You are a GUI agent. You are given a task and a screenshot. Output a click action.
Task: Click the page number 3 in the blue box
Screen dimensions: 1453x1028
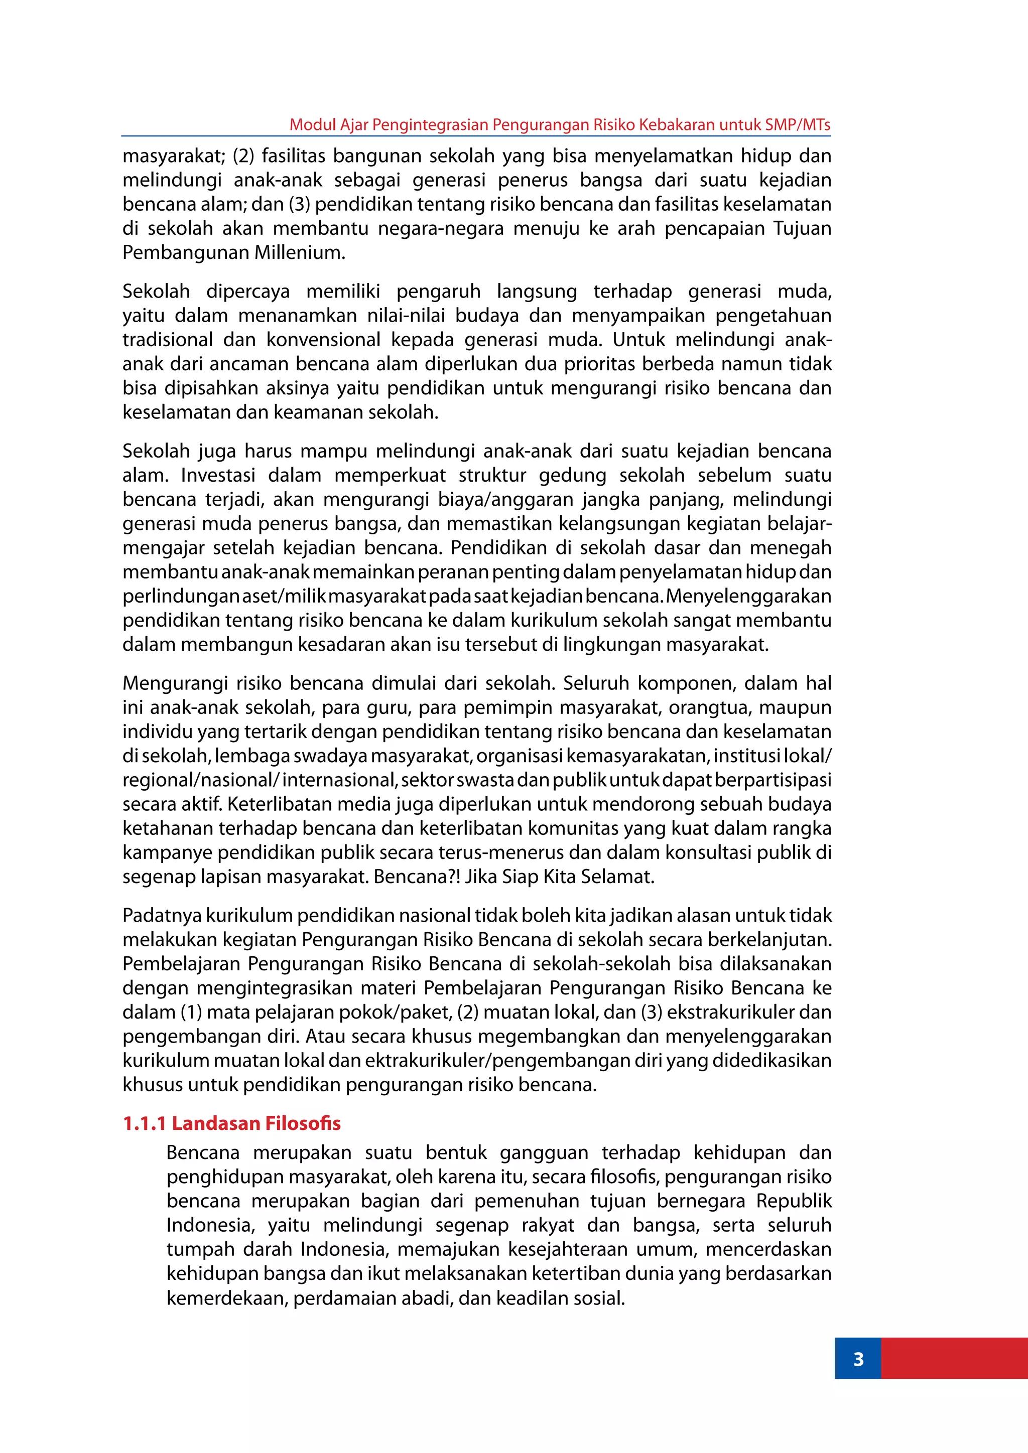tap(858, 1359)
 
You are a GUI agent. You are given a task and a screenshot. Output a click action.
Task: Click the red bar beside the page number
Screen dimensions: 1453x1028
tap(954, 1359)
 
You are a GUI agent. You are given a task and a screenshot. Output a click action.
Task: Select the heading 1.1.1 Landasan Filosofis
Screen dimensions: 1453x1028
tap(232, 1123)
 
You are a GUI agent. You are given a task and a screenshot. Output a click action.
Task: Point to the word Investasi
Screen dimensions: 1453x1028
tap(218, 475)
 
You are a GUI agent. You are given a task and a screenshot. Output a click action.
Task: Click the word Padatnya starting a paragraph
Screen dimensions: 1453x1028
tap(163, 915)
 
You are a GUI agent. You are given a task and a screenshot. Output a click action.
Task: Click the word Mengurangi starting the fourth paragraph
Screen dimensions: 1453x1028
tap(174, 683)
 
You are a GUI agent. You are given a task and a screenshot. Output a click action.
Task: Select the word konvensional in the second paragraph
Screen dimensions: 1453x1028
tap(323, 339)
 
